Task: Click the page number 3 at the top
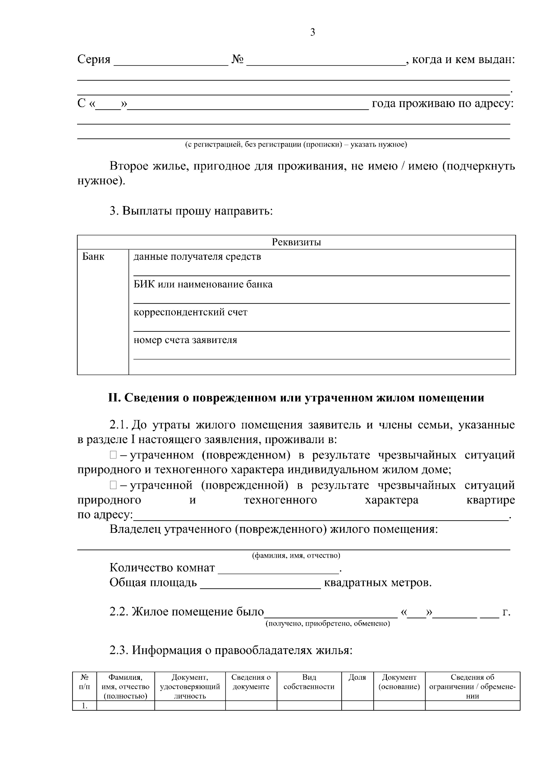312,32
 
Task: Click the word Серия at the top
94,60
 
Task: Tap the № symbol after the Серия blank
238,60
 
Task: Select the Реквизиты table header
296,242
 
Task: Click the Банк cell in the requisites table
93,257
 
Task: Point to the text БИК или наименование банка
203,284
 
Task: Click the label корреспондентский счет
190,312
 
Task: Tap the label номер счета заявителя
185,340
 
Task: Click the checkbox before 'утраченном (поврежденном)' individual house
113,455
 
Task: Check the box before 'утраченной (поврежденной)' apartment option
113,486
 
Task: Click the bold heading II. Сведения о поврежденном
296,398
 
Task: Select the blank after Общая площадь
260,584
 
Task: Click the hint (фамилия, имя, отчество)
296,555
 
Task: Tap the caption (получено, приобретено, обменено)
328,623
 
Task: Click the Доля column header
357,678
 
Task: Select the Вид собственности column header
309,682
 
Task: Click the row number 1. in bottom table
84,705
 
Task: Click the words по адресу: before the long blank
105,515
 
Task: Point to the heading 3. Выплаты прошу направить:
191,211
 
